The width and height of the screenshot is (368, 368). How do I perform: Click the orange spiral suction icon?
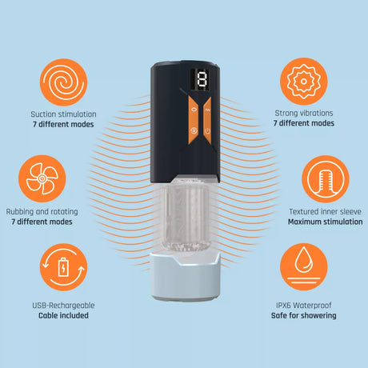click(x=63, y=82)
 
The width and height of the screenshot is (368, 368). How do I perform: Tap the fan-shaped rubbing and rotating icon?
click(x=42, y=178)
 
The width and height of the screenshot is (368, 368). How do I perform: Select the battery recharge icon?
click(x=63, y=267)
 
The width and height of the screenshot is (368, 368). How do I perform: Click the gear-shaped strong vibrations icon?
click(x=304, y=82)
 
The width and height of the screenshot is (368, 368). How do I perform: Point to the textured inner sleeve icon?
click(x=326, y=179)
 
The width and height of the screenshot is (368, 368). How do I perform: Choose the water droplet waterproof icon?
click(x=304, y=266)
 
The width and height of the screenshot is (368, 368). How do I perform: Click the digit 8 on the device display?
click(x=202, y=79)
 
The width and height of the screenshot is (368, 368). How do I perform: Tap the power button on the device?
click(x=208, y=131)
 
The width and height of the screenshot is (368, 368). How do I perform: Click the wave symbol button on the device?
click(x=208, y=110)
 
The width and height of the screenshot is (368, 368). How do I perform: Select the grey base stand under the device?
click(x=185, y=275)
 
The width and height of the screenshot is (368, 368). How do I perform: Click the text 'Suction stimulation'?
click(x=63, y=114)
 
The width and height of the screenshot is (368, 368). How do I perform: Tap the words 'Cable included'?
click(x=63, y=315)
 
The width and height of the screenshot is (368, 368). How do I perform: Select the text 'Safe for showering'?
click(x=304, y=316)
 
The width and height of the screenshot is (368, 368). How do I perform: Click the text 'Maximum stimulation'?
click(x=326, y=222)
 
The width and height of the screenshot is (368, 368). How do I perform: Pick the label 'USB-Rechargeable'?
click(x=63, y=306)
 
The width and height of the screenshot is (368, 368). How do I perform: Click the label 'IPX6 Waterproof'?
click(x=304, y=306)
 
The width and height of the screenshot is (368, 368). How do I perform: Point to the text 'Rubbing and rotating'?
click(x=42, y=212)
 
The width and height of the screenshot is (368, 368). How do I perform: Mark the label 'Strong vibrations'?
click(x=304, y=113)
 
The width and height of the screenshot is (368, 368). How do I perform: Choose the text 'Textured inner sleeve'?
click(x=326, y=211)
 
